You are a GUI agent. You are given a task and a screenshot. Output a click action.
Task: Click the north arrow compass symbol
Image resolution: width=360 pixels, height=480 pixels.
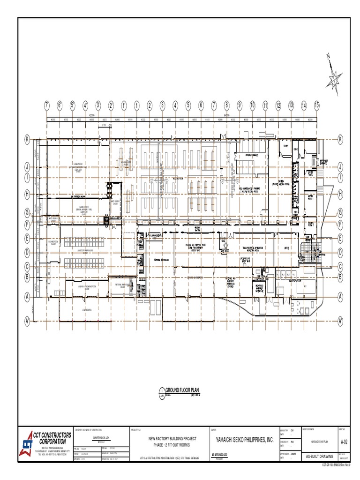pyautogui.click(x=334, y=75)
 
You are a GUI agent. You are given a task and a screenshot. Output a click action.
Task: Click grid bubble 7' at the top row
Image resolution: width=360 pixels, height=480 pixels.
pyautogui.click(x=47, y=105)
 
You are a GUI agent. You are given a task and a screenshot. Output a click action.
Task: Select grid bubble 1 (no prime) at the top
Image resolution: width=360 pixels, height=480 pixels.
pyautogui.click(x=136, y=105)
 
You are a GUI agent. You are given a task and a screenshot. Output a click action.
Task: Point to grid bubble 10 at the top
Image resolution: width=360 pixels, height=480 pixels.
pyautogui.click(x=252, y=105)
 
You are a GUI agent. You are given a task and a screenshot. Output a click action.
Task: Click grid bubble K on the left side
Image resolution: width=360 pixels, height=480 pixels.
pyautogui.click(x=28, y=139)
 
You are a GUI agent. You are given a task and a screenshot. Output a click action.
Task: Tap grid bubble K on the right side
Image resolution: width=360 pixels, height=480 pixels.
pyautogui.click(x=340, y=139)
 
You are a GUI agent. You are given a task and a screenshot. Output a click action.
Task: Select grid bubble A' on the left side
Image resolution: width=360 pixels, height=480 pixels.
pyautogui.click(x=28, y=322)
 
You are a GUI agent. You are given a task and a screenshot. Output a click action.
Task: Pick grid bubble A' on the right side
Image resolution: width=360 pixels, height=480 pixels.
pyautogui.click(x=340, y=322)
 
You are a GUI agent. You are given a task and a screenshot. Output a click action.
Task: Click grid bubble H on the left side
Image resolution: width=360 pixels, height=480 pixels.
pyautogui.click(x=28, y=193)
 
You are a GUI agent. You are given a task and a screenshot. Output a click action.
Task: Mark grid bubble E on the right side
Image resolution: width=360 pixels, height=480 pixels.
pyautogui.click(x=340, y=239)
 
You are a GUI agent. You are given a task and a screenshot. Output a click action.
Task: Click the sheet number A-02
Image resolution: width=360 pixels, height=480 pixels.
pyautogui.click(x=345, y=441)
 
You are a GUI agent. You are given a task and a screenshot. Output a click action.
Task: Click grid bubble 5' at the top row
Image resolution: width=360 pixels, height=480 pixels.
pyautogui.click(x=73, y=105)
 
